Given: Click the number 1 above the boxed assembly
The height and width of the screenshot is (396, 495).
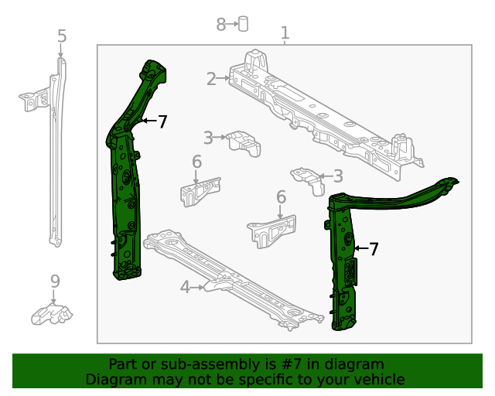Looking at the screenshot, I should coord(285,33).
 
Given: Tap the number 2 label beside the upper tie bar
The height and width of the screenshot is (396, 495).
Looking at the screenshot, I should coord(211,78).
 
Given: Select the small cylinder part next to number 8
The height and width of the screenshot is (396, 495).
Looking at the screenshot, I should coord(243,23).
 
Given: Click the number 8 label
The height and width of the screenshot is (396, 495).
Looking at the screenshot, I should coord(221,25).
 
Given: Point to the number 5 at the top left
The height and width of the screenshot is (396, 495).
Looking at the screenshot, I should coord(62,36).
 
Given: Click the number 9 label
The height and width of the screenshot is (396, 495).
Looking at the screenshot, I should coord(55,282).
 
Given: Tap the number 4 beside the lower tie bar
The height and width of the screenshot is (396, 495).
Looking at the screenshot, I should coord(185,288).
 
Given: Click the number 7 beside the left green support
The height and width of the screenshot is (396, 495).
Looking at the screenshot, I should coord(162,121).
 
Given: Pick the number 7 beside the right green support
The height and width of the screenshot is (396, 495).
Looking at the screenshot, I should coord(374,249).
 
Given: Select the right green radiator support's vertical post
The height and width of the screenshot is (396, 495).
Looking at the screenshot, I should coord(342,263).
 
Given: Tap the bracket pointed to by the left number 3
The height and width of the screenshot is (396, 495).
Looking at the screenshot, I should coord(244,143).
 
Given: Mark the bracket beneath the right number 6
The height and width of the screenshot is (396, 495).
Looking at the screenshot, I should coord(271,231).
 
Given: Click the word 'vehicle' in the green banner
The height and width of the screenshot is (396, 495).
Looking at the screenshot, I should coord(378,379).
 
